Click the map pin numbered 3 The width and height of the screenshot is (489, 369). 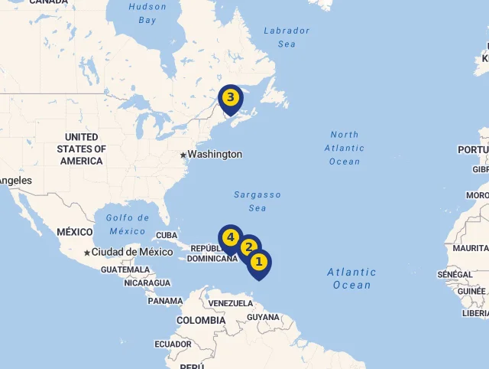click(x=230, y=99)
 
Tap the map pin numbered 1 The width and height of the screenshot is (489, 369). click(x=258, y=263)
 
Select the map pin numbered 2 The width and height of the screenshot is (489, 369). click(x=248, y=248)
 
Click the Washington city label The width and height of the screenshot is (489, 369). click(x=215, y=155)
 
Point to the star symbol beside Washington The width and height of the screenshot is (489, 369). click(x=183, y=155)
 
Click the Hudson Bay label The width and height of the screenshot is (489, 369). click(x=147, y=14)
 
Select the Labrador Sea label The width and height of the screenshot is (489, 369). click(x=287, y=38)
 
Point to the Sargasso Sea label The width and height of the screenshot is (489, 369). click(x=257, y=201)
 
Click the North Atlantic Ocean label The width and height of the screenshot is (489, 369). click(x=345, y=148)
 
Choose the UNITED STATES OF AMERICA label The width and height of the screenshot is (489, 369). click(x=82, y=149)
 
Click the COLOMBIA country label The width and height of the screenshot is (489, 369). click(x=201, y=321)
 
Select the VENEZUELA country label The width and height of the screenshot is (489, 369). click(x=230, y=304)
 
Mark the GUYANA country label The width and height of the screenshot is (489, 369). click(x=264, y=317)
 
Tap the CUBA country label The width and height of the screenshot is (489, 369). click(x=167, y=236)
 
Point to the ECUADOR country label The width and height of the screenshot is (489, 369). click(x=173, y=345)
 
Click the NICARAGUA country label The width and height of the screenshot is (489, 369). click(x=147, y=283)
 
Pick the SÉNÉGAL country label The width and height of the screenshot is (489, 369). click(x=455, y=275)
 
